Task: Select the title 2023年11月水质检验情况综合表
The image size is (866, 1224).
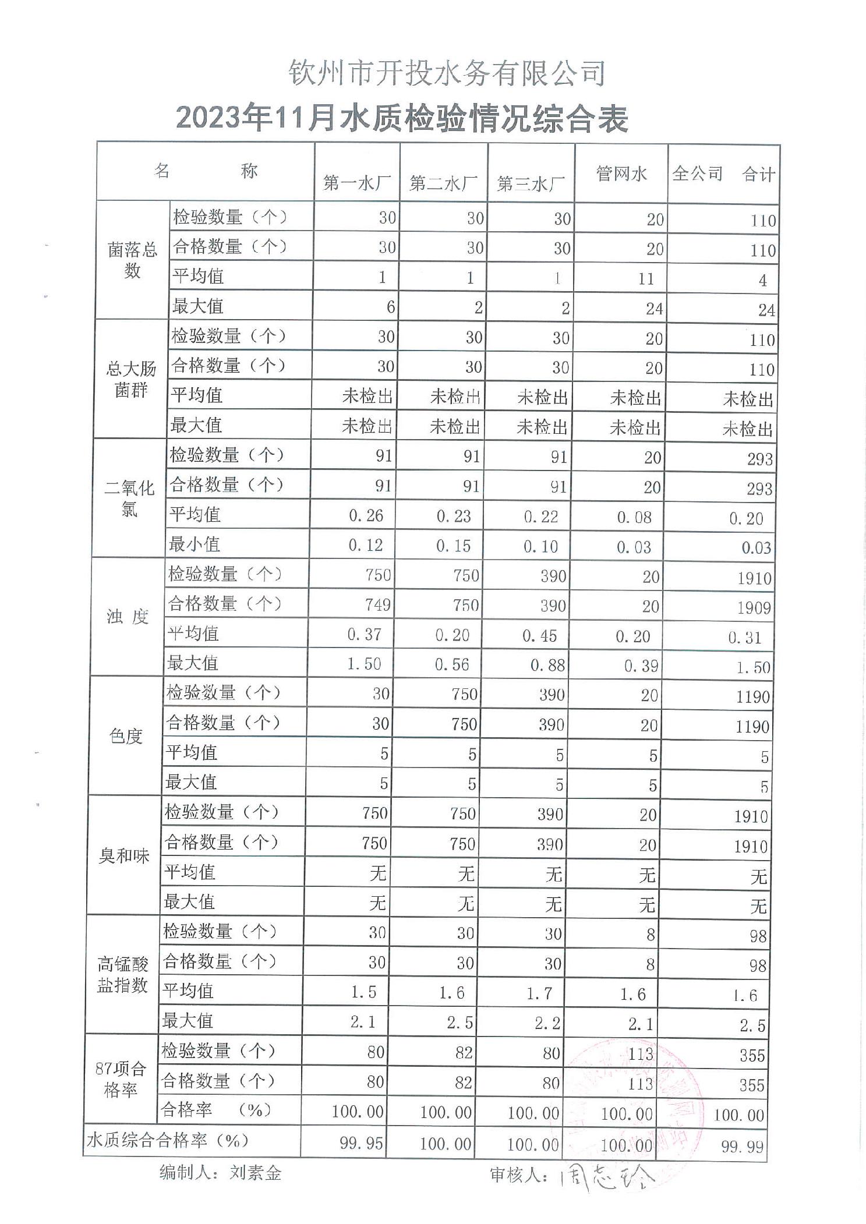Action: coord(402,119)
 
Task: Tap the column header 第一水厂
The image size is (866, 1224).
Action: coord(357,183)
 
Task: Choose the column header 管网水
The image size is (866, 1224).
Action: coord(621,174)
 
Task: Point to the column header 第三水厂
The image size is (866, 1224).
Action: coord(531,184)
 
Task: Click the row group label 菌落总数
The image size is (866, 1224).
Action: coord(132,260)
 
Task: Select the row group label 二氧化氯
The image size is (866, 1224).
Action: coord(129,498)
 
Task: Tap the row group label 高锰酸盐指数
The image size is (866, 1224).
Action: coord(122,975)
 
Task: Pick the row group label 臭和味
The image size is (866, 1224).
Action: coord(124,856)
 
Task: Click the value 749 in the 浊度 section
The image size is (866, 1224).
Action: coord(377,604)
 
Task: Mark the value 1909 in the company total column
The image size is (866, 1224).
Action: coord(754,608)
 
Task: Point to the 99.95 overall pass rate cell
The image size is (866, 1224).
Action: coord(362,1143)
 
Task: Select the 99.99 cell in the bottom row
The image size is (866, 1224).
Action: coord(742,1147)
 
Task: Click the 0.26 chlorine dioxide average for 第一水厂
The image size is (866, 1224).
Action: coord(366,515)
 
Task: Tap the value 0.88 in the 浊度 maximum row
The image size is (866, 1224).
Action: coord(547,665)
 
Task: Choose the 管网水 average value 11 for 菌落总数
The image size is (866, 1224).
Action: coord(646,279)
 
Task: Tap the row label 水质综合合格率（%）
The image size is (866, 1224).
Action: coord(168,1140)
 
